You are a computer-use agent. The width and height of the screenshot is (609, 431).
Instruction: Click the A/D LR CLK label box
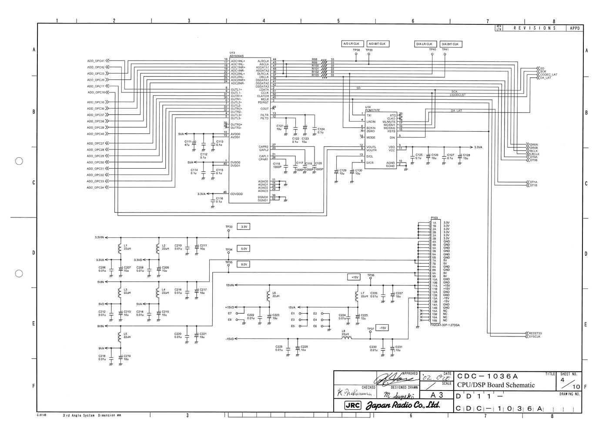coord(352,44)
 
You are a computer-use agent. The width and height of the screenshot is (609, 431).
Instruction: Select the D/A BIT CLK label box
coord(451,44)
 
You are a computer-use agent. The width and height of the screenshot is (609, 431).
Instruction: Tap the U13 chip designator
coord(232,53)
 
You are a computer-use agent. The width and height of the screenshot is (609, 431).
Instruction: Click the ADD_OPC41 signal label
coord(96,61)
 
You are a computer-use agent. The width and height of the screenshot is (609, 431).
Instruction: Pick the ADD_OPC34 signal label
coord(96,187)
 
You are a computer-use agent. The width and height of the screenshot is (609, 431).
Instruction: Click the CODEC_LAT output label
coord(549,75)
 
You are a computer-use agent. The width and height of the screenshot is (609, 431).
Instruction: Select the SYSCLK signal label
coord(535,336)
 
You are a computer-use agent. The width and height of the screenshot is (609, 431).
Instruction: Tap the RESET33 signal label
coord(535,333)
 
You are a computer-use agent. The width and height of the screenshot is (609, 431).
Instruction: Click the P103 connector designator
coord(434,217)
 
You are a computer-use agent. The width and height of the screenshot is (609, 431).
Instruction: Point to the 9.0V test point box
coord(244,264)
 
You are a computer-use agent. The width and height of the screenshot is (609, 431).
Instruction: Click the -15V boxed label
coord(382,328)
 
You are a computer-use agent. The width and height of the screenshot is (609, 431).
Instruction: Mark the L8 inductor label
coord(344,331)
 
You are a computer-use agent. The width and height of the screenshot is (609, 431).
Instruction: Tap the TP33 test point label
coord(229,227)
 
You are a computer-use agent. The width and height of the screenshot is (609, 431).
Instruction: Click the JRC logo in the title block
coord(352,405)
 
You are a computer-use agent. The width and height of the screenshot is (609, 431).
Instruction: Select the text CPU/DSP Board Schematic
coord(495,385)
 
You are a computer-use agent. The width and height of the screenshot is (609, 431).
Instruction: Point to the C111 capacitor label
coord(188,142)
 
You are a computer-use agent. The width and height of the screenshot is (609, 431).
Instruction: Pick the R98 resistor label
coord(315,59)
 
